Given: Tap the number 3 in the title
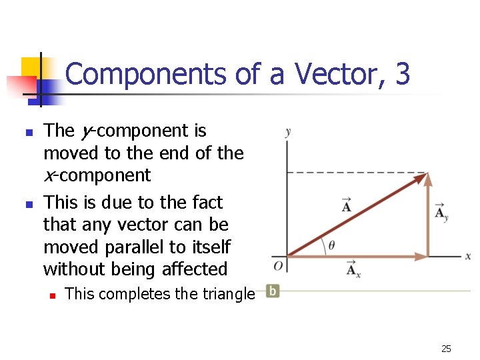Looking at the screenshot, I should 402,74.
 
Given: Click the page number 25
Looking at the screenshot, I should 446,348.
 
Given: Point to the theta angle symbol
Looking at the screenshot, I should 331,245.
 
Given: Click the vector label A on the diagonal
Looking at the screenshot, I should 347,205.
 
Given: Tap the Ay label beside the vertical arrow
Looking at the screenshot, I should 441,212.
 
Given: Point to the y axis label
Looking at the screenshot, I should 287,131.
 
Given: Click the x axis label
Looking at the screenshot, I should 468,256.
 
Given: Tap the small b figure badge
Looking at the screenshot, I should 272,291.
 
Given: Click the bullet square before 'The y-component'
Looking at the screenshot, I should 28,132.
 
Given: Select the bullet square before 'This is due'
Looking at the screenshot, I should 28,203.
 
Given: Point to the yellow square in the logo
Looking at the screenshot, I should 31,67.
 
